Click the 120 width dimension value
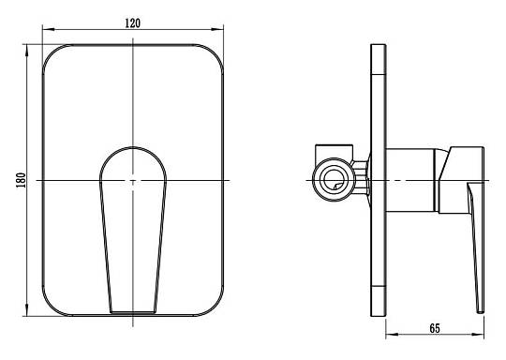click(x=133, y=23)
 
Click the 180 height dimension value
click(x=21, y=180)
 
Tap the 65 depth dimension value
click(x=435, y=328)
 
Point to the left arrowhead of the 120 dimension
click(x=49, y=29)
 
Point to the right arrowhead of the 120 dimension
click(x=217, y=29)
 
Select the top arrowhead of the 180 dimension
click(x=27, y=51)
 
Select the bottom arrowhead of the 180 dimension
click(x=27, y=310)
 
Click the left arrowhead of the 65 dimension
click(x=392, y=334)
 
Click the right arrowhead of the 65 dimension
click(x=478, y=334)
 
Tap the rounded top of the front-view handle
click(x=133, y=147)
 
